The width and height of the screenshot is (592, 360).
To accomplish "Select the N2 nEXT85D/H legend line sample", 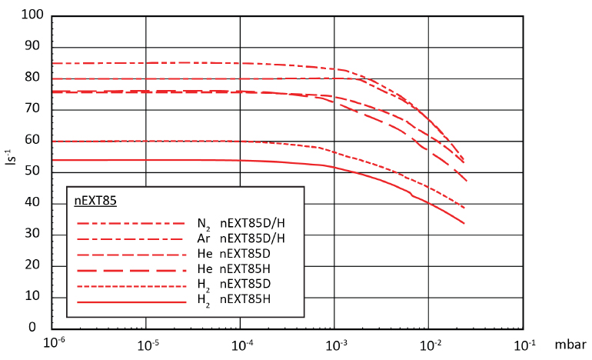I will point(131,223).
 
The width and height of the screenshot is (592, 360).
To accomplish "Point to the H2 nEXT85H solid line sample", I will point(131,302).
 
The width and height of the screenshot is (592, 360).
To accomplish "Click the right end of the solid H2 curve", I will point(464,223).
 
